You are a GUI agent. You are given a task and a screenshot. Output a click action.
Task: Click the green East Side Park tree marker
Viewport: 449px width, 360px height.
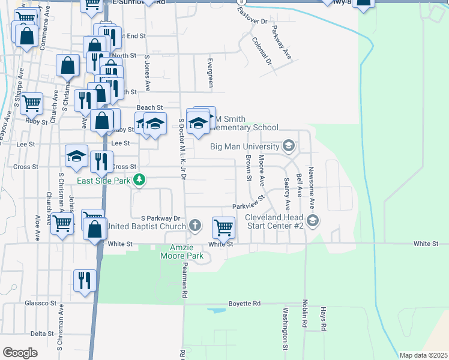(139, 180)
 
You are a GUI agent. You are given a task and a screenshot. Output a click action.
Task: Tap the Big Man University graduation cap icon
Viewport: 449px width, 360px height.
(289, 146)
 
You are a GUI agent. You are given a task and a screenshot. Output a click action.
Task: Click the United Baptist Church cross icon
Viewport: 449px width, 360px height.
(194, 226)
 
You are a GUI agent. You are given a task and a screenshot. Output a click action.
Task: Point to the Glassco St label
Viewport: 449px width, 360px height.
(40, 304)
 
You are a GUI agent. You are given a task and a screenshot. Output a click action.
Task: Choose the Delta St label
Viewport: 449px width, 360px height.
(42, 334)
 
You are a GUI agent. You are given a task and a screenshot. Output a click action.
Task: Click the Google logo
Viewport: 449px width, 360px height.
(20, 353)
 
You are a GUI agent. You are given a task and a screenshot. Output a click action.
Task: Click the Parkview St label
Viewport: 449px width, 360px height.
(249, 202)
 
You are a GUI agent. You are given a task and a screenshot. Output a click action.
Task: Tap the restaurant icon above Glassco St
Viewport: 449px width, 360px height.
(85, 280)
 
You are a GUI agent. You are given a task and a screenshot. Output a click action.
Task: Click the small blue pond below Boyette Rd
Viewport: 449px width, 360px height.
(215, 311)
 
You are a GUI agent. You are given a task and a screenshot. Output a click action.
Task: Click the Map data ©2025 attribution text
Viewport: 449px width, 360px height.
(423, 355)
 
